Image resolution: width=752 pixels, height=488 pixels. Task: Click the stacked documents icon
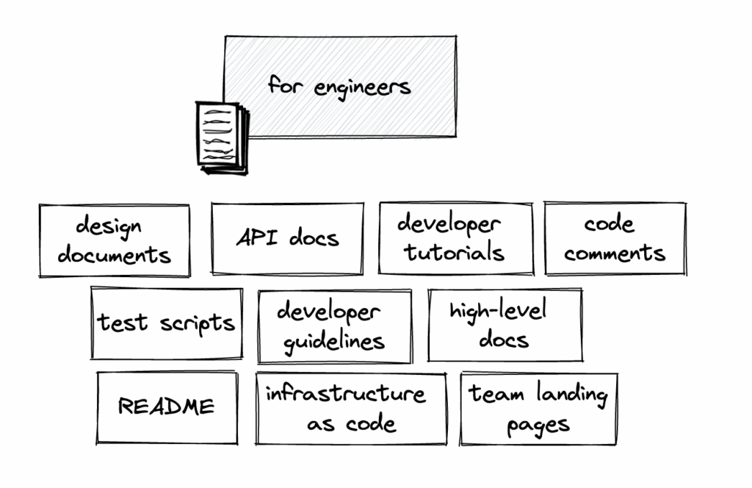click(x=222, y=137)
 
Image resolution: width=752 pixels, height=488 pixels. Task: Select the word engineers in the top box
click(x=362, y=88)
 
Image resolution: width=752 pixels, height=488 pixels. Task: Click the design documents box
click(x=115, y=240)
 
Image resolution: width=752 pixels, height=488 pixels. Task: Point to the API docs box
click(x=287, y=238)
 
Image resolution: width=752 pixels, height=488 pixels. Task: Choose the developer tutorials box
click(x=455, y=238)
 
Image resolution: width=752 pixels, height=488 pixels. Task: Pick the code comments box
click(x=615, y=238)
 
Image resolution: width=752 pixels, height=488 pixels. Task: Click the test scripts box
click(x=167, y=323)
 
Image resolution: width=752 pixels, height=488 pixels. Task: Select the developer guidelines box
click(x=334, y=326)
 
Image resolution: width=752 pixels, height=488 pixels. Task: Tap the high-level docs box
click(x=505, y=324)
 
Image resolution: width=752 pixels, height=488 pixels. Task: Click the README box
click(x=167, y=407)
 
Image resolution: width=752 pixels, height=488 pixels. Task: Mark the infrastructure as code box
click(x=351, y=409)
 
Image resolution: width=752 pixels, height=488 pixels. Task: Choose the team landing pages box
click(x=538, y=409)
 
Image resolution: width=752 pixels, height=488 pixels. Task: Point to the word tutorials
click(x=454, y=254)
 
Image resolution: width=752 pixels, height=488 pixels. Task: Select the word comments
click(x=615, y=254)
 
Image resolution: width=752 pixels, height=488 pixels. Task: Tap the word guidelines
click(x=334, y=342)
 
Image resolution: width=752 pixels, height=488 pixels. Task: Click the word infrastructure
click(x=345, y=394)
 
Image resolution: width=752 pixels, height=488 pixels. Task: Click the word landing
click(x=571, y=395)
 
